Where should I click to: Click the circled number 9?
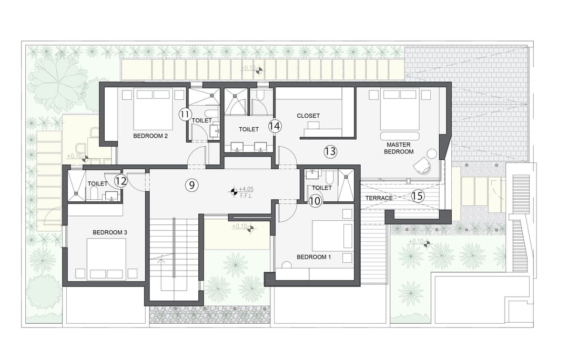coord(191,185)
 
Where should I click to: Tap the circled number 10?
coord(315,201)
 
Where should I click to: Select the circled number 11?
coord(185,115)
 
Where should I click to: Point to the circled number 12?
coord(121,181)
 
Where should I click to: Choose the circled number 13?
coord(330,151)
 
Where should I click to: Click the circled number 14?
coord(275,126)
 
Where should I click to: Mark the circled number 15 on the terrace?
coord(418,196)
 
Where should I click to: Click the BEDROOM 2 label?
coord(150,136)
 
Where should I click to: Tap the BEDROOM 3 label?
coord(110,232)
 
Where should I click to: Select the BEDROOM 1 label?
coord(313,257)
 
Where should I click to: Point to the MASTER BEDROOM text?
coord(399,148)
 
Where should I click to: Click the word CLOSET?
coord(308,116)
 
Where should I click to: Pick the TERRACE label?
coord(379,198)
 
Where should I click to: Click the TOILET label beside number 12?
coord(97,184)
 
